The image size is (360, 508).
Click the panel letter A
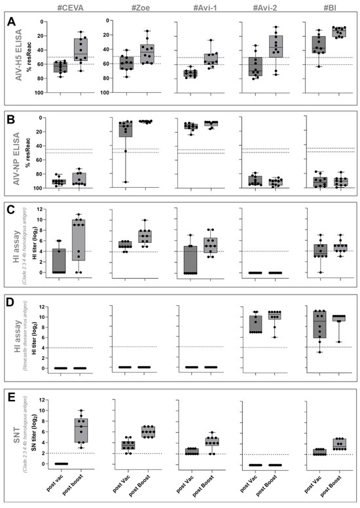click(x=10, y=22)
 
